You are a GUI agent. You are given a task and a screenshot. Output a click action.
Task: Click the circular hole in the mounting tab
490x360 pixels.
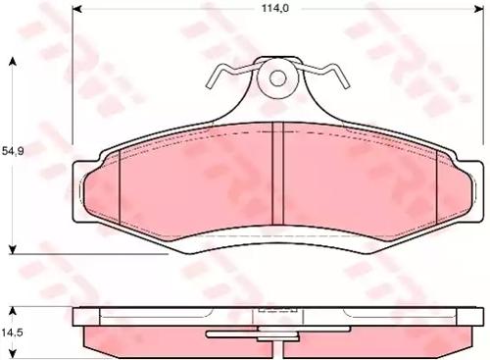276,77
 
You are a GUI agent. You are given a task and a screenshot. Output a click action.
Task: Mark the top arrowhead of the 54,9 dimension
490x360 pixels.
12,61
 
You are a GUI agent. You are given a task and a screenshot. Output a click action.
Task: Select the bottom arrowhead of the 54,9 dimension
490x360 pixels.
12,247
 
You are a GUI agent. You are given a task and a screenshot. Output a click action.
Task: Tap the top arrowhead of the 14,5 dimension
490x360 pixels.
12,308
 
